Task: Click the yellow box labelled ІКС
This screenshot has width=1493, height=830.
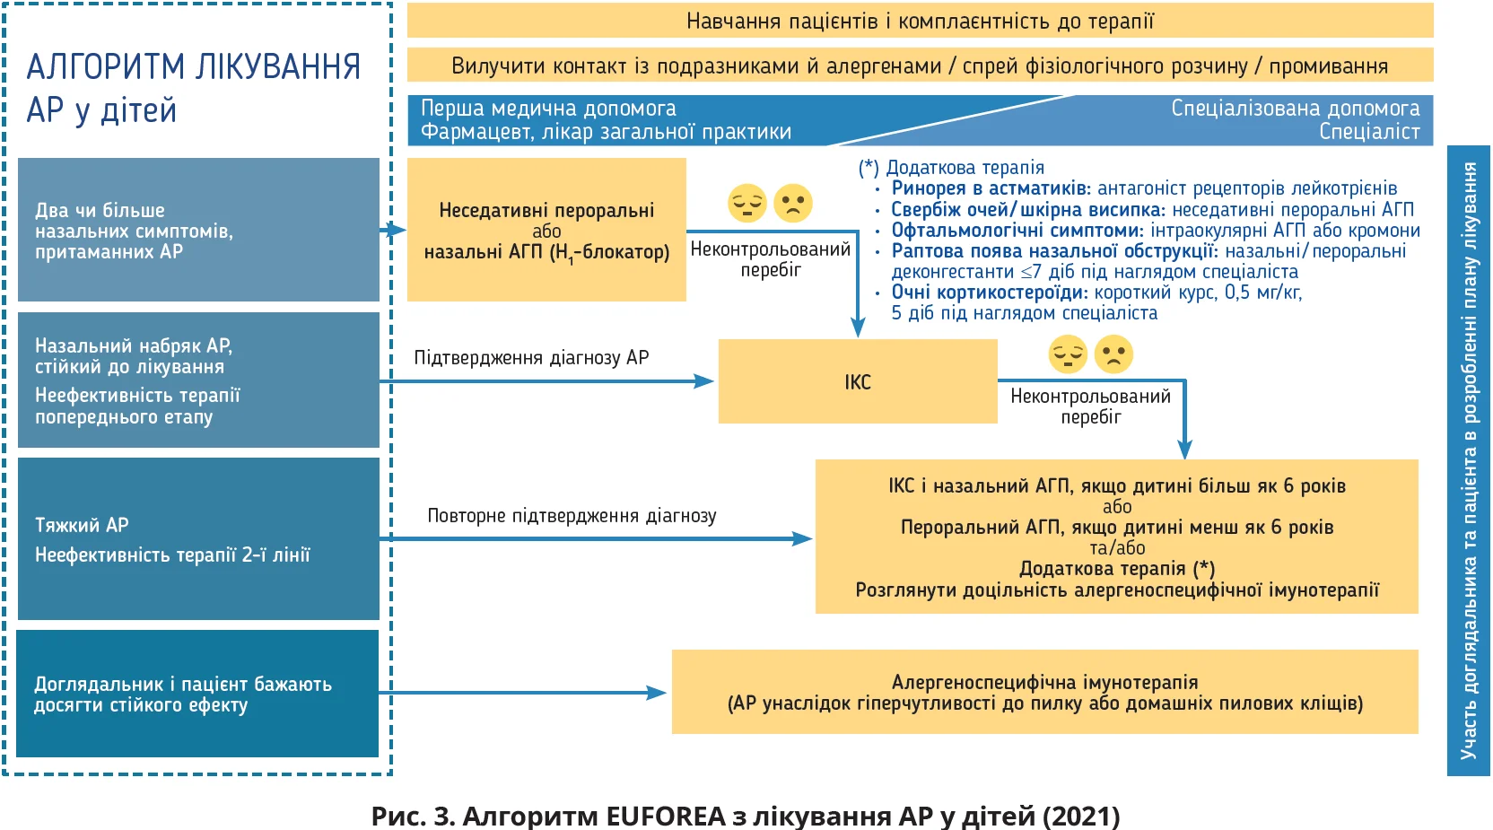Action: pyautogui.click(x=857, y=381)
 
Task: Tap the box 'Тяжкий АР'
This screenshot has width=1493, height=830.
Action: pyautogui.click(x=198, y=538)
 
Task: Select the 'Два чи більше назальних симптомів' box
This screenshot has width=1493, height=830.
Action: pyautogui.click(x=198, y=230)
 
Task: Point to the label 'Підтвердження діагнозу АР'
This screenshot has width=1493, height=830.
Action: pyautogui.click(x=531, y=358)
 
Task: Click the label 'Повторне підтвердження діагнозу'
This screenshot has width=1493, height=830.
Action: pyautogui.click(x=572, y=516)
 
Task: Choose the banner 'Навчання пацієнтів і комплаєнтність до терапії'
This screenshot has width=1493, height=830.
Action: pyautogui.click(x=920, y=21)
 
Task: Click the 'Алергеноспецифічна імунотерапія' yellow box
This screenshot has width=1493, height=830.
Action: pyautogui.click(x=1044, y=692)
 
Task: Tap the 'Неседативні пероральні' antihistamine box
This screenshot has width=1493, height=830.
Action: pyautogui.click(x=546, y=230)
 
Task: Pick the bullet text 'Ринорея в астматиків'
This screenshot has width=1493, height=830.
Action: pyautogui.click(x=991, y=188)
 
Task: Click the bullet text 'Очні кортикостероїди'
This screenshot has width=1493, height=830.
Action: pyautogui.click(x=989, y=293)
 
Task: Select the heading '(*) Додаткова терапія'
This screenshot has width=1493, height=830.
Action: pyautogui.click(x=951, y=168)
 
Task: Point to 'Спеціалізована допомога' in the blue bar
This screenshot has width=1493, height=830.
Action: pyautogui.click(x=1295, y=109)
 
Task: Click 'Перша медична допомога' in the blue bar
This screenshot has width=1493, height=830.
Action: pyautogui.click(x=548, y=109)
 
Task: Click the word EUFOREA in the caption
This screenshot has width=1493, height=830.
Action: pyautogui.click(x=665, y=816)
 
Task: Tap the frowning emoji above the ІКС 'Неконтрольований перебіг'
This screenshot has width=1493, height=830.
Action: pyautogui.click(x=1113, y=354)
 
